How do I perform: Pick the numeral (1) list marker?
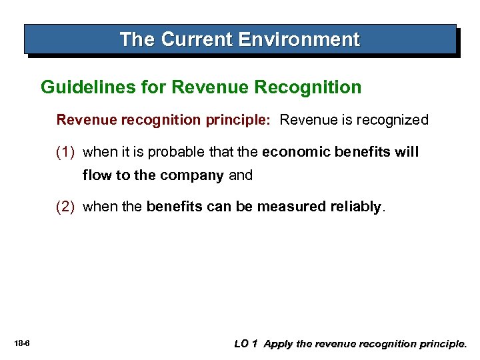pyautogui.click(x=67, y=152)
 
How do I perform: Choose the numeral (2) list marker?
pyautogui.click(x=67, y=207)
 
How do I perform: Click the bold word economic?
pyautogui.click(x=297, y=152)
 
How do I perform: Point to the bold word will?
pyautogui.click(x=406, y=152)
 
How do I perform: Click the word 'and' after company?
pyautogui.click(x=241, y=175)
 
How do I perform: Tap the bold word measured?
pyautogui.click(x=291, y=207)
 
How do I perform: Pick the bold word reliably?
pyautogui.click(x=355, y=207)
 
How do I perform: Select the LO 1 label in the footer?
pyautogui.click(x=246, y=344)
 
